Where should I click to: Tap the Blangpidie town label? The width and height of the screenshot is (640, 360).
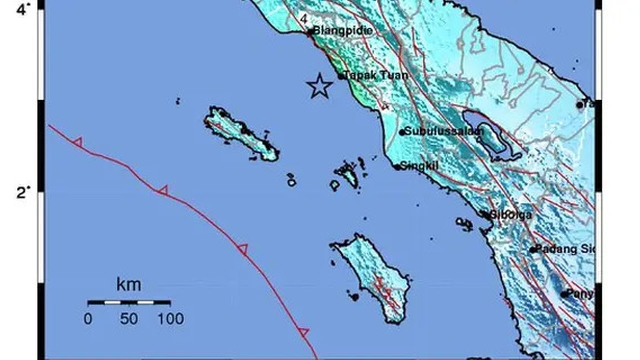[x=343, y=31]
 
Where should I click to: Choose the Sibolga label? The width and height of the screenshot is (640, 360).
[x=510, y=215]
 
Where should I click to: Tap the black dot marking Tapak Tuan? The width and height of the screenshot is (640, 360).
[x=341, y=76]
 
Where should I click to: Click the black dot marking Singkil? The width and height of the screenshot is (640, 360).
[x=398, y=167]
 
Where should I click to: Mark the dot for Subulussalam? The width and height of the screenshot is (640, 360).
[x=402, y=132]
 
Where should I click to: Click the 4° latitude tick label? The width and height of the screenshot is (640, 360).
[x=23, y=9]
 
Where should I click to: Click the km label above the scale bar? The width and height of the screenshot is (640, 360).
[x=128, y=285]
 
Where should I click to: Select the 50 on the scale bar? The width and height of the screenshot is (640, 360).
[x=129, y=319]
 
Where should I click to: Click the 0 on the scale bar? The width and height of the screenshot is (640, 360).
[x=88, y=319]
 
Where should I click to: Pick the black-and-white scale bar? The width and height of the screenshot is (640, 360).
[x=129, y=302]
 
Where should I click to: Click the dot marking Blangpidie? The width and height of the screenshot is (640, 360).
[x=310, y=32]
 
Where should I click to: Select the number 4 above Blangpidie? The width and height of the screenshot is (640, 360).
[x=303, y=19]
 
